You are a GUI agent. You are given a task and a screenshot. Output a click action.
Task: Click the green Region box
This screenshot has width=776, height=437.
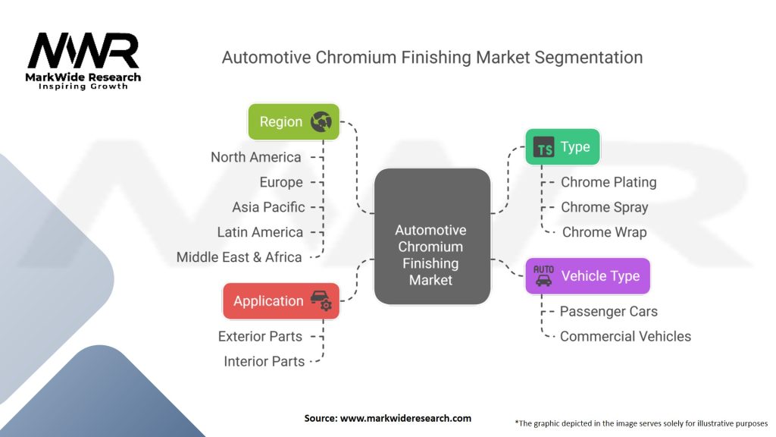click(x=293, y=122)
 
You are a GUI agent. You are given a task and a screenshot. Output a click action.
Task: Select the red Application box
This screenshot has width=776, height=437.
click(x=281, y=301)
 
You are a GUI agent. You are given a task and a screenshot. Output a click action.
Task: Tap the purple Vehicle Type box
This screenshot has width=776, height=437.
click(x=587, y=276)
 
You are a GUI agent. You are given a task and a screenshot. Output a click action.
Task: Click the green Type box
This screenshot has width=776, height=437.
click(x=562, y=147)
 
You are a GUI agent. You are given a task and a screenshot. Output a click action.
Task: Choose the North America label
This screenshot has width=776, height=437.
click(x=256, y=157)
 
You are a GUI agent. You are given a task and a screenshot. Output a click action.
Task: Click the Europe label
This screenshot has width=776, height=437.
click(x=281, y=182)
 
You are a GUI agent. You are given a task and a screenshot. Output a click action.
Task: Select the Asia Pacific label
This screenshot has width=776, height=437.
click(x=268, y=207)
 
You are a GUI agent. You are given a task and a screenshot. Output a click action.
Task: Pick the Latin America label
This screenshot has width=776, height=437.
click(x=260, y=232)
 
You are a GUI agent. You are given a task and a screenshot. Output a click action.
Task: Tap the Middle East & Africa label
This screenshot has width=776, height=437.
click(x=239, y=257)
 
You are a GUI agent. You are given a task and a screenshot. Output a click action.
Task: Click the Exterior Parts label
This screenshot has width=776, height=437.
click(x=260, y=336)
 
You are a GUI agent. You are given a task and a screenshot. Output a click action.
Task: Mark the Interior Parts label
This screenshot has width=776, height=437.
click(x=264, y=362)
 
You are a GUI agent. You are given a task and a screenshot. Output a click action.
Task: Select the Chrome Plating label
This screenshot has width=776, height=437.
click(x=609, y=182)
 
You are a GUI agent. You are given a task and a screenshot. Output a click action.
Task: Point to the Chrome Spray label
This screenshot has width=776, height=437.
click(x=605, y=207)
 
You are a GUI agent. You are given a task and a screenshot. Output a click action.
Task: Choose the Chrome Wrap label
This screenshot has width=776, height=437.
click(x=605, y=232)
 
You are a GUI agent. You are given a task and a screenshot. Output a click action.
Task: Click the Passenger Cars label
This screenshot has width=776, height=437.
click(x=609, y=311)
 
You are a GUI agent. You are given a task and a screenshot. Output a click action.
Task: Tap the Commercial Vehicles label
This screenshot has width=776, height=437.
click(x=625, y=336)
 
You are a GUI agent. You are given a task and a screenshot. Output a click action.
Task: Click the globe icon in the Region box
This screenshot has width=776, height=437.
click(x=321, y=122)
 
